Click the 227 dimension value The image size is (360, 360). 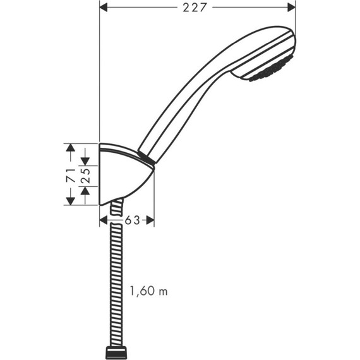[x=198, y=8]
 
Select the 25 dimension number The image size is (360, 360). [x=85, y=175]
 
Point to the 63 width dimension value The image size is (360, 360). [x=131, y=220]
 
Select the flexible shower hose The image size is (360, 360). [x=116, y=284]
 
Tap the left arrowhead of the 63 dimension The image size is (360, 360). [x=104, y=220]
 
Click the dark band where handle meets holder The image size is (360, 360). [x=146, y=159]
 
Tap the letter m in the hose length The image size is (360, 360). [x=164, y=292]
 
